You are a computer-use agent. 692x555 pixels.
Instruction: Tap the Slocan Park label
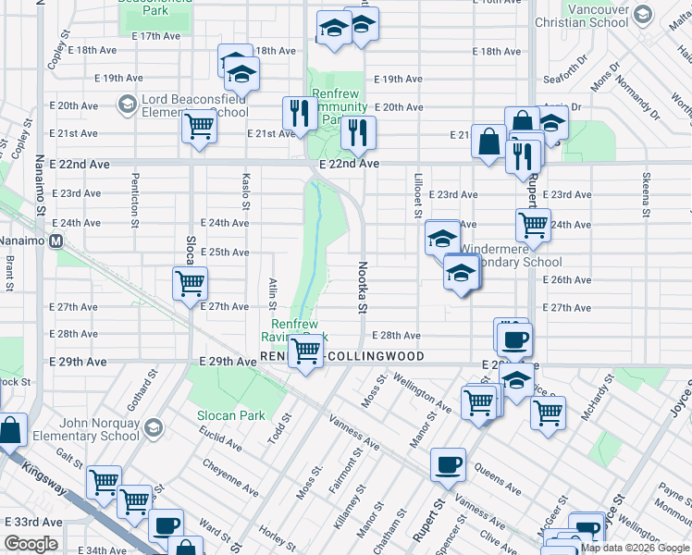[x=230, y=416]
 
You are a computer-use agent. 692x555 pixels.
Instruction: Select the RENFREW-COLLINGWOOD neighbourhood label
[x=342, y=356]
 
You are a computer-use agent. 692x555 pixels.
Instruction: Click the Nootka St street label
[x=364, y=286]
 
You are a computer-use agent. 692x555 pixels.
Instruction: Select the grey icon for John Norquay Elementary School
[x=154, y=427]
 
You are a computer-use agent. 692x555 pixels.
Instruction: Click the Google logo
[x=31, y=544]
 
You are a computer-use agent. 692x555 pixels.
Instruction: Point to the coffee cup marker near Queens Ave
[x=449, y=464]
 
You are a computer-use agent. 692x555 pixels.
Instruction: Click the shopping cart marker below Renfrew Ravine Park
[x=305, y=351]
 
